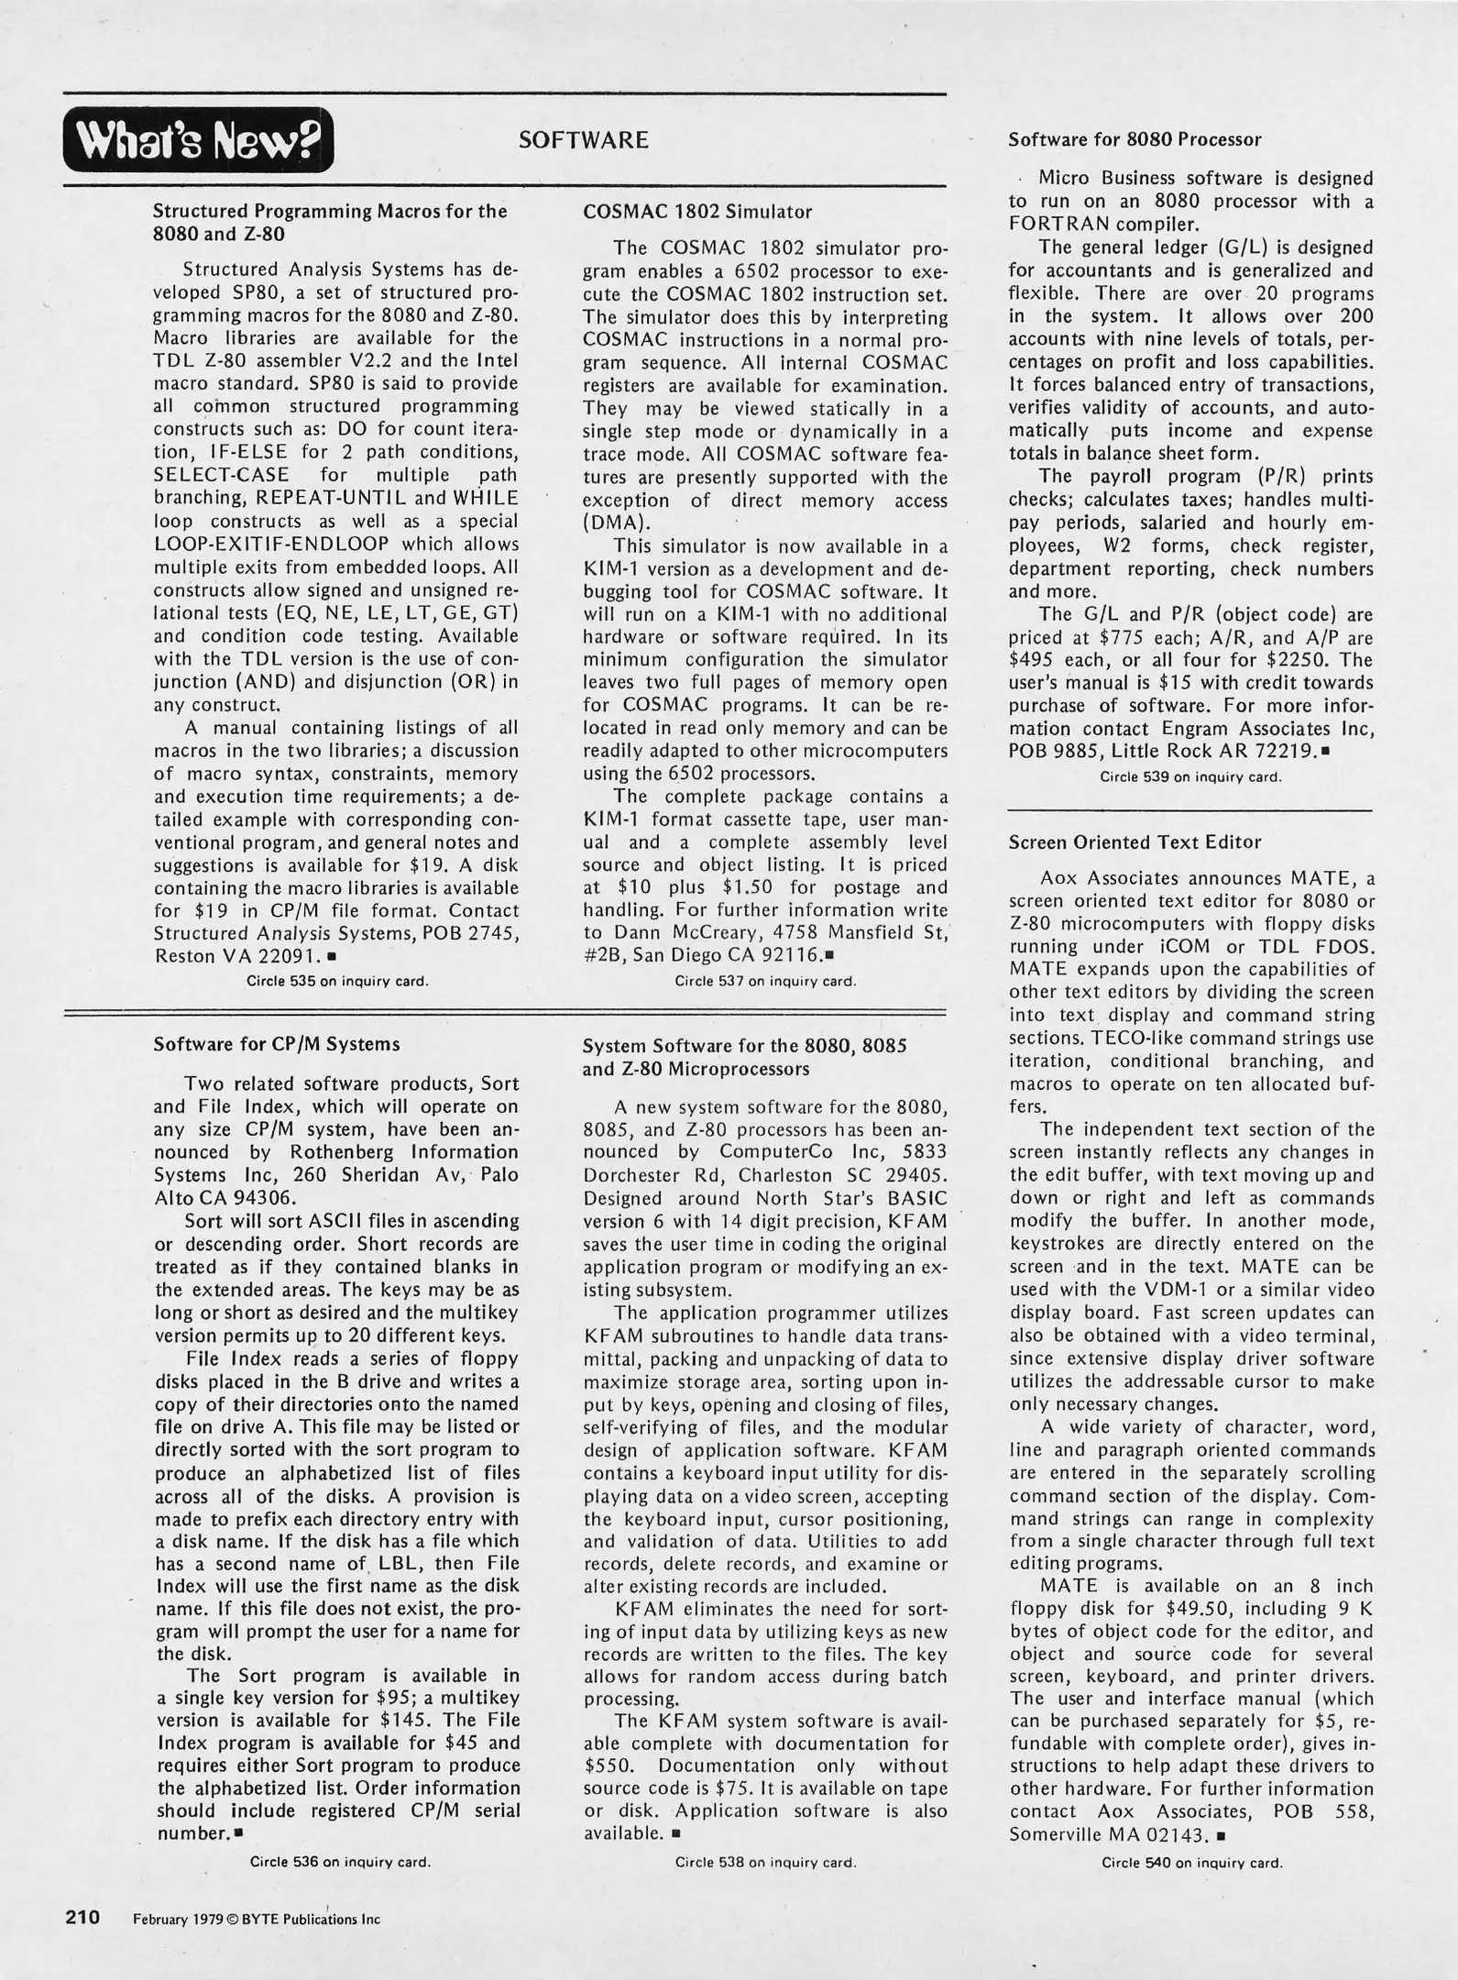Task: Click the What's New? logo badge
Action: (198, 140)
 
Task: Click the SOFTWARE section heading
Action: (583, 140)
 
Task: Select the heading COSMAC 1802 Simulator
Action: (697, 212)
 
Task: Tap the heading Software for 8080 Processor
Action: (1135, 140)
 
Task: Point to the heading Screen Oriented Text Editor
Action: (1135, 841)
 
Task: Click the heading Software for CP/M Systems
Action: (277, 1043)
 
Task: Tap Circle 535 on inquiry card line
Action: (337, 981)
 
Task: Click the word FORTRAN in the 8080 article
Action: (1060, 225)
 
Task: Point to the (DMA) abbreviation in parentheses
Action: (617, 523)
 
